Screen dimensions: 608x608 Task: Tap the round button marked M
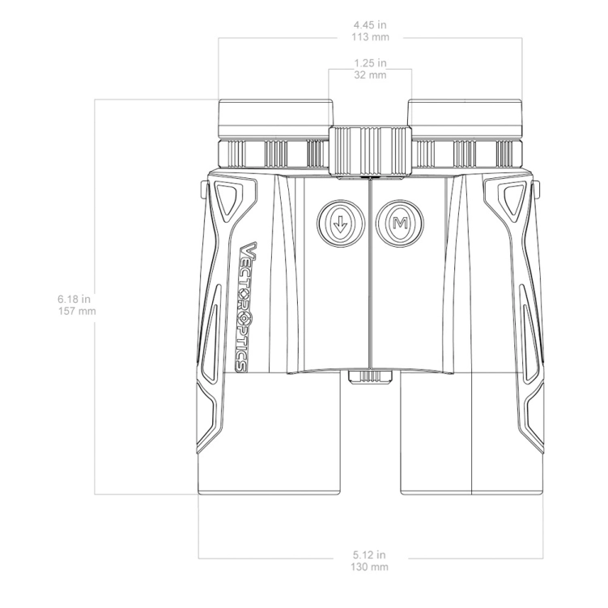tap(398, 222)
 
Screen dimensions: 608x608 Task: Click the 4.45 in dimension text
tap(370, 26)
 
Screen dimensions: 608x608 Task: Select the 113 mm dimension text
tap(370, 37)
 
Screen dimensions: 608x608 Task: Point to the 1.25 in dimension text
tap(370, 62)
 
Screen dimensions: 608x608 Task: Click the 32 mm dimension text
tap(370, 74)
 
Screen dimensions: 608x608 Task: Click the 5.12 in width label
tap(370, 555)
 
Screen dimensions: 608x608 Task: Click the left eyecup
tap(274, 118)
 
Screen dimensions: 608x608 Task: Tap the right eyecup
tap(466, 118)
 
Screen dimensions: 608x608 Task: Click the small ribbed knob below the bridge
tap(370, 376)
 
